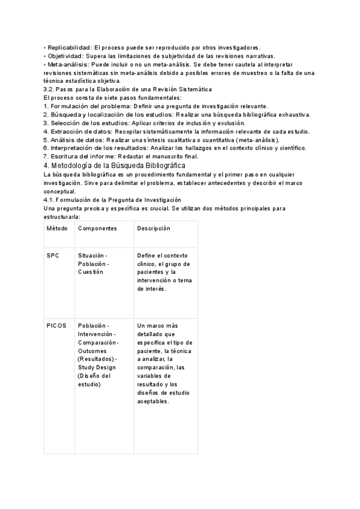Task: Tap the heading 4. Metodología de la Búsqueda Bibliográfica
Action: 115,165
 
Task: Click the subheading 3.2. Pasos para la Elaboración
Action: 127,89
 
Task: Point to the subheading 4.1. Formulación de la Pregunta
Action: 112,199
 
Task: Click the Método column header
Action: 57,229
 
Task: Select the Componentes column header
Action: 97,229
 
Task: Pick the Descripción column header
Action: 154,229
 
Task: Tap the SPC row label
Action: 53,255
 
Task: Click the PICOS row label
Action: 56,325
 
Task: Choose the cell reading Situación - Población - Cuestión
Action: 94,264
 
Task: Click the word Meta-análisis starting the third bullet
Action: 68,64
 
